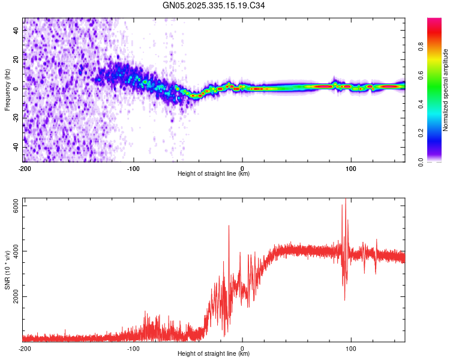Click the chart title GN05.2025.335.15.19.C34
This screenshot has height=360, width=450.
[214, 5]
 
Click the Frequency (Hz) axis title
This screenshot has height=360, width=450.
[8, 90]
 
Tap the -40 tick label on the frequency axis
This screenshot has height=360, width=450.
[17, 147]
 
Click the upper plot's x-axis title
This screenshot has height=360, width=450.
[214, 174]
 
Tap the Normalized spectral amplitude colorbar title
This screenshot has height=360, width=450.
[446, 90]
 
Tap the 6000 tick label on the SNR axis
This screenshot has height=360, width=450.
[13, 205]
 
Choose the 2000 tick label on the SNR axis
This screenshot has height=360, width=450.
[13, 296]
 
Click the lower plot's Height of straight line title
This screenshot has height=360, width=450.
[214, 354]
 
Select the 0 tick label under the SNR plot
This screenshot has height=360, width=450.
[242, 349]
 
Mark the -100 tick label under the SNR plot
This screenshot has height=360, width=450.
[133, 349]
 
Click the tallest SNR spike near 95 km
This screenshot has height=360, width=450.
[345, 200]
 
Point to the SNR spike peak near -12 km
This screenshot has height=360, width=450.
[229, 226]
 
